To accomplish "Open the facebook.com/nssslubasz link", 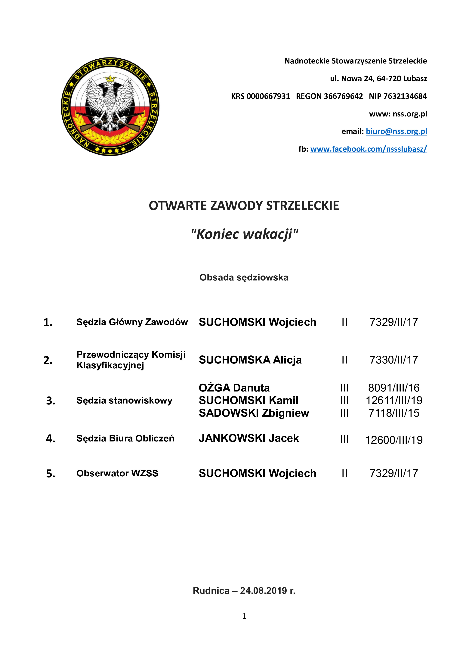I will [369, 149].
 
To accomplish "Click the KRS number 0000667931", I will [268, 96].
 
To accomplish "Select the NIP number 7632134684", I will [405, 96].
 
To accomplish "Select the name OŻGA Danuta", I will [234, 388].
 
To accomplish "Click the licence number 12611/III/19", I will [394, 400].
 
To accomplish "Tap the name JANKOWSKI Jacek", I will [249, 438].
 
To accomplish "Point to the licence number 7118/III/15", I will [394, 413].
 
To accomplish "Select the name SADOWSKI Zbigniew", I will [254, 413].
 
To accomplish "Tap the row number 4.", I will [51, 439].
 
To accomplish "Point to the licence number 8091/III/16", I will [394, 388].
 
